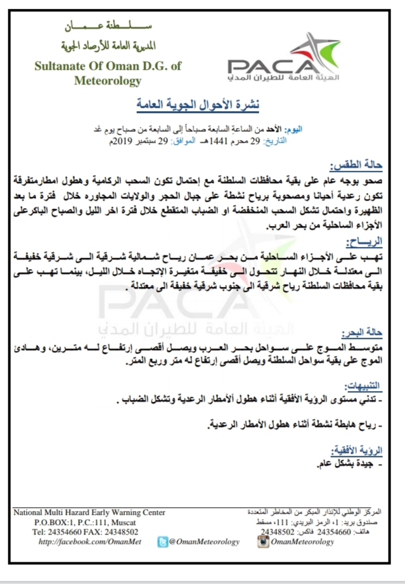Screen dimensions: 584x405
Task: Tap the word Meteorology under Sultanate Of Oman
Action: pos(107,81)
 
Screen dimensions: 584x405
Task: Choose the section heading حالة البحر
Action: pos(378,333)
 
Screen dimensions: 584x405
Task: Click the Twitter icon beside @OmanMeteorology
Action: pos(162,541)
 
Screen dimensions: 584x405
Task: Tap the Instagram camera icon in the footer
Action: pos(262,541)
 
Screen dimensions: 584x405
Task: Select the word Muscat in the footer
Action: pos(131,522)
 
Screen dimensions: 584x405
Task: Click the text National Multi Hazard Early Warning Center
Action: pos(89,512)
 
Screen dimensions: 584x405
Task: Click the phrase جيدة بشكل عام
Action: pos(347,465)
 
